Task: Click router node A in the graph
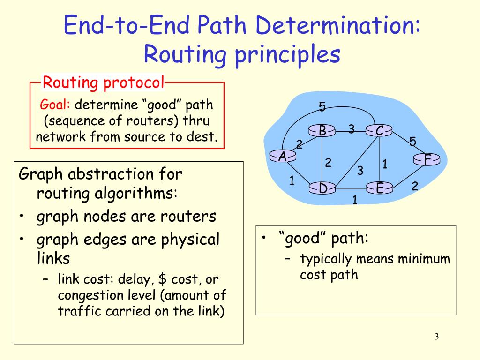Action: (283, 157)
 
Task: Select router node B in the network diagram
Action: (322, 131)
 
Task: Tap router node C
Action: (379, 131)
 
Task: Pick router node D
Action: (323, 188)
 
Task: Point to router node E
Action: (379, 188)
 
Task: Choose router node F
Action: (427, 160)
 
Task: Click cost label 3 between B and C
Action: (351, 129)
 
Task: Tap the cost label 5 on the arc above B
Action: (322, 107)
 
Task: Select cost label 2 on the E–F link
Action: (414, 186)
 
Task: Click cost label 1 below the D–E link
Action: (355, 201)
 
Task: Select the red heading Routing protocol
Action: (103, 83)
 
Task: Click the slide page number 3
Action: (436, 337)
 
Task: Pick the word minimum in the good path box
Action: (426, 259)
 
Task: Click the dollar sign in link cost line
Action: (163, 280)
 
